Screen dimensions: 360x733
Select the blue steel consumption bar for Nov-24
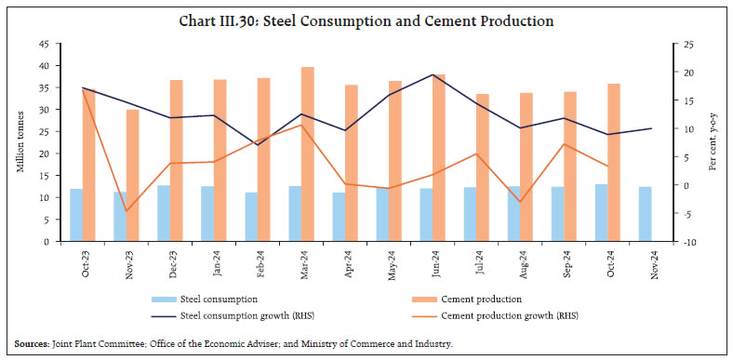point(645,214)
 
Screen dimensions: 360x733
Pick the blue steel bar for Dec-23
point(164,213)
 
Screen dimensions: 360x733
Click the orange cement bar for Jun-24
point(438,157)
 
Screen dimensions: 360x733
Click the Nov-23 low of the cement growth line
point(126,211)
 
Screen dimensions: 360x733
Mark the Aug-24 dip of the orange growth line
point(519,202)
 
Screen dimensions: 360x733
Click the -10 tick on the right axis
point(686,242)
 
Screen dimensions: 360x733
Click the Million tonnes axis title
point(20,141)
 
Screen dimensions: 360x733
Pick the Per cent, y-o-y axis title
point(713,141)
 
